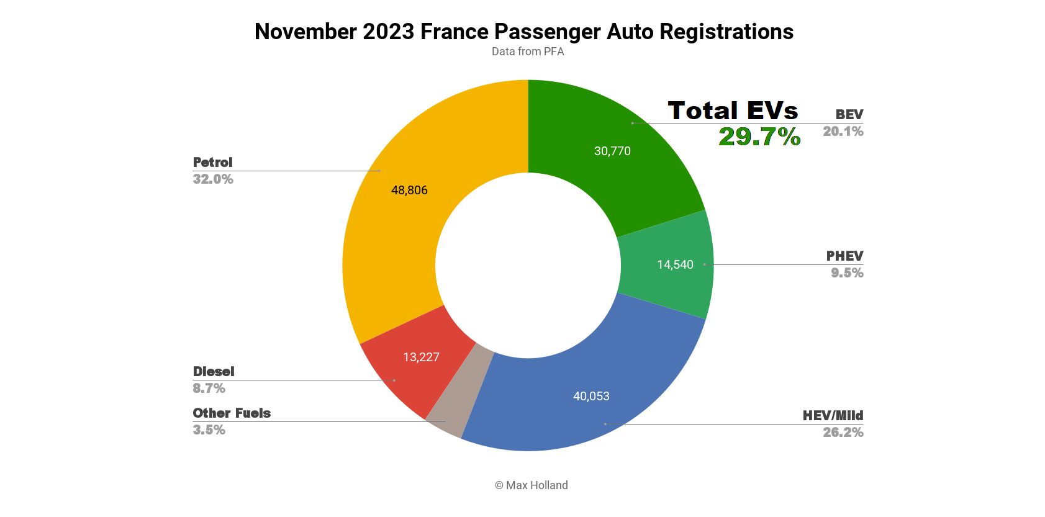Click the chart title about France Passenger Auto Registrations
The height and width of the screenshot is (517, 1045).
pos(523,32)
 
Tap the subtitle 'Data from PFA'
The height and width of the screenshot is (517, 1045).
pos(527,52)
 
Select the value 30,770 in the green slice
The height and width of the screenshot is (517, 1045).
pos(612,151)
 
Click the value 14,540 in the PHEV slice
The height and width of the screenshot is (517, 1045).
pos(675,265)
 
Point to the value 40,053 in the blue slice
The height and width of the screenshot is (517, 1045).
pos(591,396)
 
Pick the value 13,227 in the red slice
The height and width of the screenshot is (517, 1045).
pos(421,357)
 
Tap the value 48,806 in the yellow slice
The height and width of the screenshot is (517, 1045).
pos(409,190)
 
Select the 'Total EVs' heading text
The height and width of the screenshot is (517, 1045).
pos(733,110)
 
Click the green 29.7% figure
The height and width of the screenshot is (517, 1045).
pos(759,137)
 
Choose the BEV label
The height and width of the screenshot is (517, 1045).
pos(849,114)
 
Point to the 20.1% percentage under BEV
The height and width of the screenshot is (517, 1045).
pos(843,132)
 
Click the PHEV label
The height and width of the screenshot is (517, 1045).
pos(844,256)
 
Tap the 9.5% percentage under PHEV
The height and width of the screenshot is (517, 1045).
pos(847,273)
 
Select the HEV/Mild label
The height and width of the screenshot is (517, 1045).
pos(833,415)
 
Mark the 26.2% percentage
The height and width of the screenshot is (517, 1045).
pos(843,433)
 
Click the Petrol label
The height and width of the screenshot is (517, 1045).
pos(212,162)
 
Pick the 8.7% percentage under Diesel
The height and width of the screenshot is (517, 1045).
pos(209,389)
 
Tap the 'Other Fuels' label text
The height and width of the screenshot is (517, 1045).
pos(232,413)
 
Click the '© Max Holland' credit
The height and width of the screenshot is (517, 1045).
pos(531,485)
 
